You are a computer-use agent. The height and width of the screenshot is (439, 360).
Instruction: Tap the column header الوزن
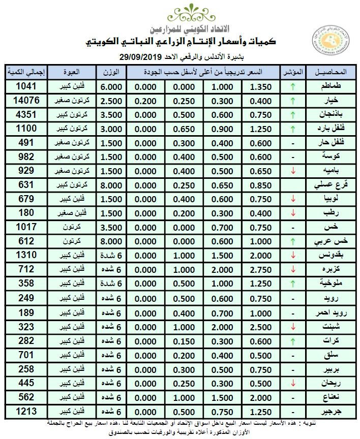click(111, 72)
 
